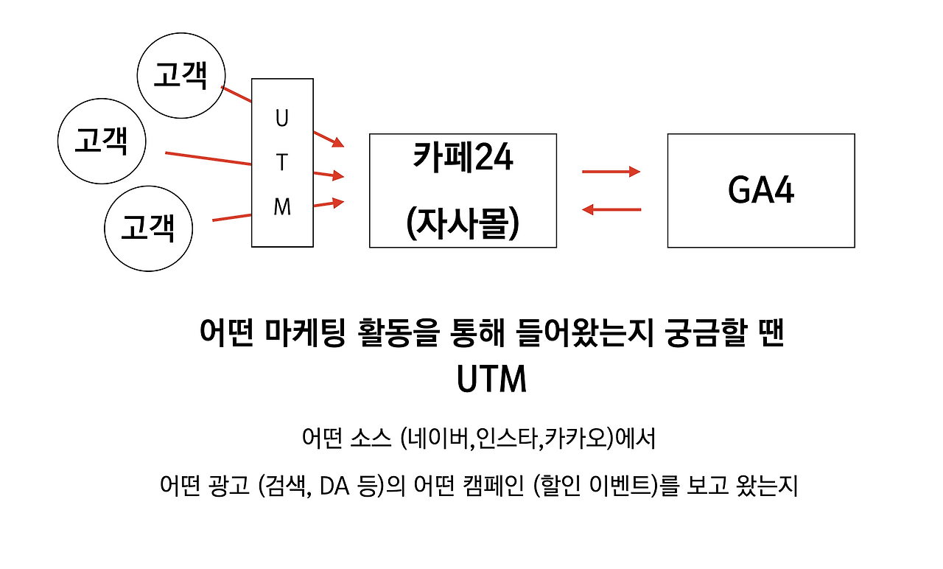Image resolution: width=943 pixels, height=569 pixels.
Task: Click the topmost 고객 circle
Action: pos(181,77)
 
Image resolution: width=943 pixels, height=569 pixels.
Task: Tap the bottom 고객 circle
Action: pos(148,228)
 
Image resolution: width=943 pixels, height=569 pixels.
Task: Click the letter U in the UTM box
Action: pos(282,118)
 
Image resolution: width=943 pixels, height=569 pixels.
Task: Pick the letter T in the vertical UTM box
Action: pos(282,162)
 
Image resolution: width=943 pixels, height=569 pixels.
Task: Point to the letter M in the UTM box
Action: pos(282,208)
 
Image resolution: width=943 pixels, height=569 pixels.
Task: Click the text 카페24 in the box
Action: pos(463,158)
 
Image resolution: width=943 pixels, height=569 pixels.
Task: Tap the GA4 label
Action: pos(761,191)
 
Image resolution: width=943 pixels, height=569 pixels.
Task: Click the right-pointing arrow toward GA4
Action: pos(611,172)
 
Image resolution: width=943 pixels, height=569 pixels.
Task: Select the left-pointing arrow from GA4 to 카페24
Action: pos(611,210)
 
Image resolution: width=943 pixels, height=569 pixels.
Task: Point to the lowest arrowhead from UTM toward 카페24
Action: pos(338,201)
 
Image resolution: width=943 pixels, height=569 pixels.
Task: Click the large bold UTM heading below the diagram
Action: pos(491,380)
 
